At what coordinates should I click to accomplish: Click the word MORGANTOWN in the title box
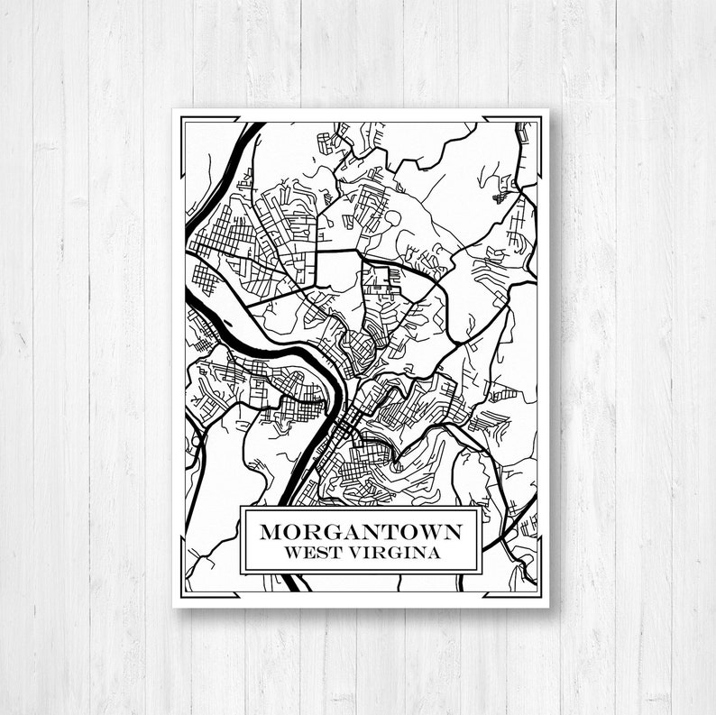(361, 531)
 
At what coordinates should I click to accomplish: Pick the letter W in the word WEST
(290, 553)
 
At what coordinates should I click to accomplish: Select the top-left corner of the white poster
(174, 110)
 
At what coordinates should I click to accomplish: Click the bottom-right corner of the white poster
(548, 605)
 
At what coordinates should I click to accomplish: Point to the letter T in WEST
(333, 553)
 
